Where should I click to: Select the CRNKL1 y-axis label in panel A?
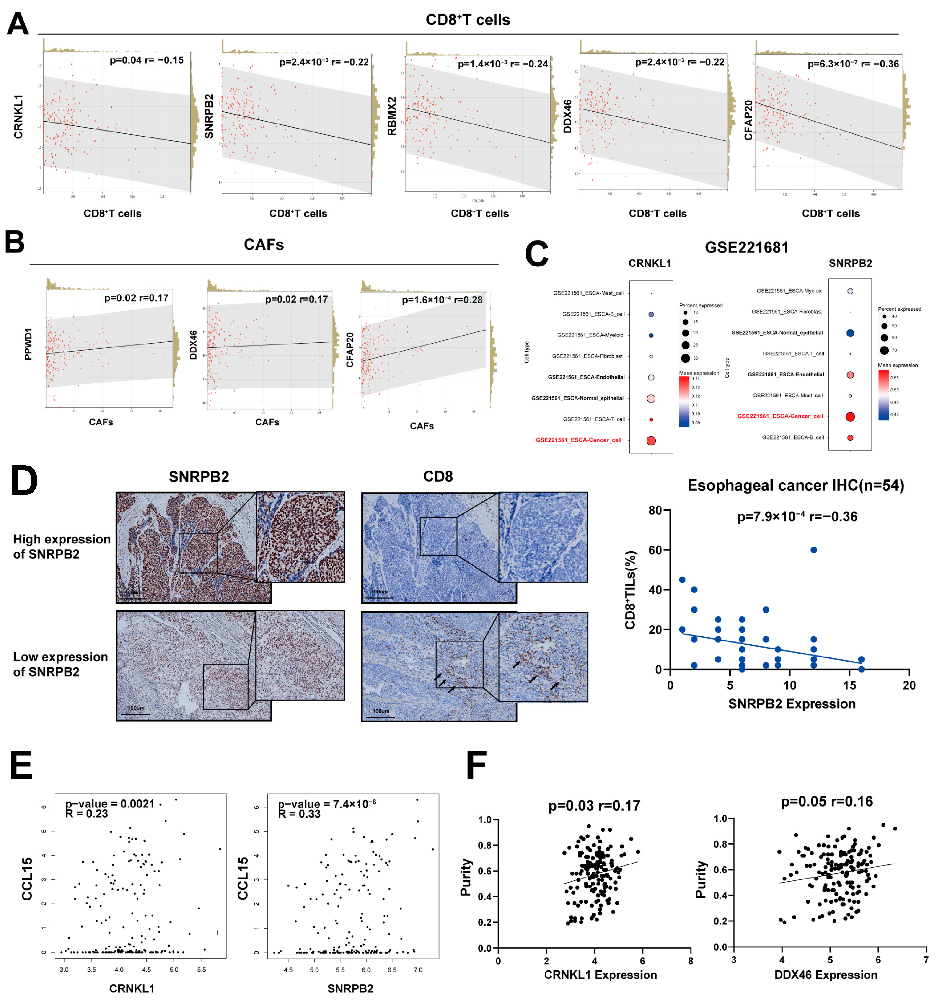[x=19, y=117]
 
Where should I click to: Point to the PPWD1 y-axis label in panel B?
[x=28, y=344]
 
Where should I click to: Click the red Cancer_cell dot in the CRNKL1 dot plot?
[x=651, y=441]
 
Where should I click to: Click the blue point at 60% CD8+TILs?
[x=814, y=550]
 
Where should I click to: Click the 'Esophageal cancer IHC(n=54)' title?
[x=795, y=485]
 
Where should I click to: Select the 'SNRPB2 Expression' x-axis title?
[x=792, y=704]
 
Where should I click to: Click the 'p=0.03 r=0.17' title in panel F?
[x=594, y=806]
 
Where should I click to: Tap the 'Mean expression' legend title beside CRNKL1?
[x=699, y=373]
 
